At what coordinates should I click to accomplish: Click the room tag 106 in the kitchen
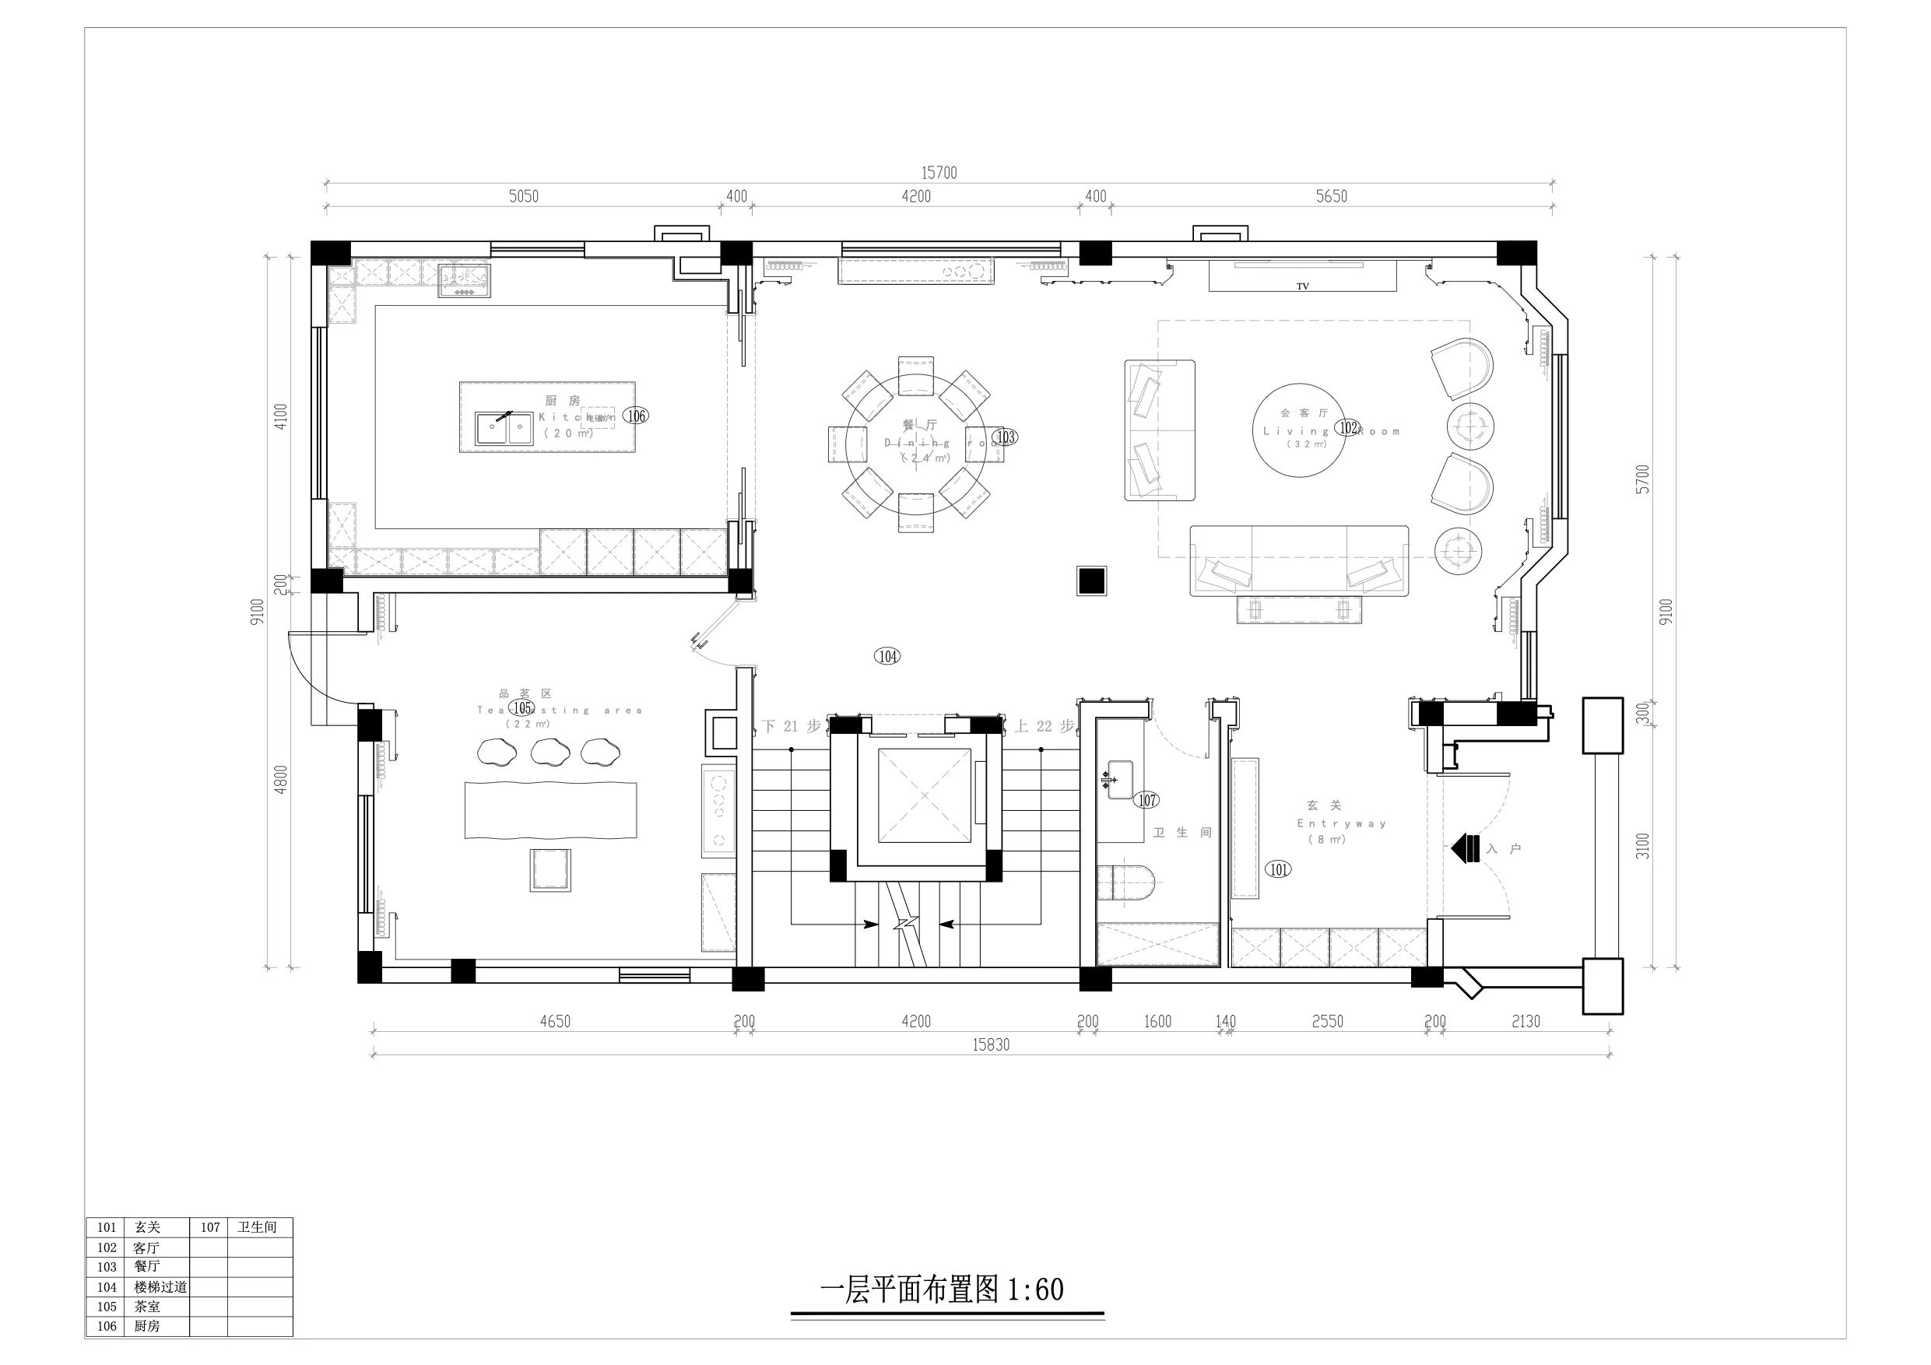point(637,416)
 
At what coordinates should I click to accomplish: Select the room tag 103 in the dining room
point(1005,437)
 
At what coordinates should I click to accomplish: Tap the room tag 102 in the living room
point(1348,427)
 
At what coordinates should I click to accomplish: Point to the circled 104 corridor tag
point(887,656)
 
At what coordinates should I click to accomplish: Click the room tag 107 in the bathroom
point(1147,801)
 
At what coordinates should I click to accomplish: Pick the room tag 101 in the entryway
point(1277,868)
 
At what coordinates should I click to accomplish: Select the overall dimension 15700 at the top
point(939,174)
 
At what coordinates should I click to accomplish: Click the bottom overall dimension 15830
point(991,1045)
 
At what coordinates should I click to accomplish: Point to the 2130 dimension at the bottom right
point(1525,1022)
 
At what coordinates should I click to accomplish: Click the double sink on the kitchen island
point(504,428)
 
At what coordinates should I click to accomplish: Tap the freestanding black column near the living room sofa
point(1092,581)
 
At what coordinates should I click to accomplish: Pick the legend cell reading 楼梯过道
point(160,1286)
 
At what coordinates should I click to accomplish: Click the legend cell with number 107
point(209,1227)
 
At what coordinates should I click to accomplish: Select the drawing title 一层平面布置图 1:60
point(941,1290)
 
